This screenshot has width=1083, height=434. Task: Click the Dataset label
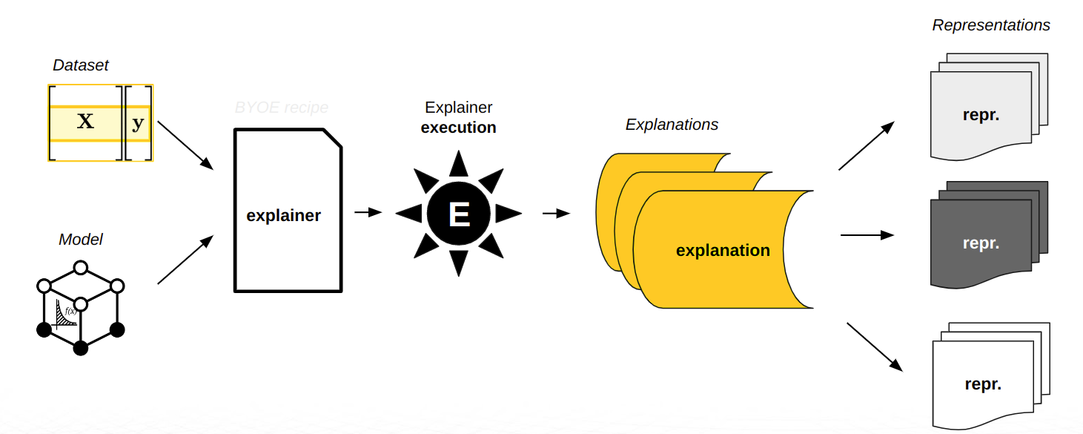(x=80, y=65)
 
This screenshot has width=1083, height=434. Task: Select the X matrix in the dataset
(x=85, y=122)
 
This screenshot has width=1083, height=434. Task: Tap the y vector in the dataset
(x=138, y=123)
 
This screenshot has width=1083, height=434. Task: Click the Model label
(x=80, y=240)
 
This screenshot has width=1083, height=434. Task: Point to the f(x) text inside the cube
(x=71, y=311)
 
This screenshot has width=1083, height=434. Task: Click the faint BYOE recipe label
(x=281, y=108)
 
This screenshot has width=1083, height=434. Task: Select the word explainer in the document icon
(x=283, y=216)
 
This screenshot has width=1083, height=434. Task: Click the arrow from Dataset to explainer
(x=185, y=144)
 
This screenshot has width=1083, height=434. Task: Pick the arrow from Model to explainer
(x=185, y=260)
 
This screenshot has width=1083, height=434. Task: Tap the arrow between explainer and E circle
(x=368, y=213)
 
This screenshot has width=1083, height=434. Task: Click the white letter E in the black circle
(x=459, y=214)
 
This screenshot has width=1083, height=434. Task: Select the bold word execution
(x=458, y=128)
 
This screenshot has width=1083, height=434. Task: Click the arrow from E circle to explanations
(x=556, y=214)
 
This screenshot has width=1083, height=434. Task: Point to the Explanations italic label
(x=672, y=125)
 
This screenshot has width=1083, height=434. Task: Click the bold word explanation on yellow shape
(x=723, y=251)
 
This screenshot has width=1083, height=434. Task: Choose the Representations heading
(x=990, y=25)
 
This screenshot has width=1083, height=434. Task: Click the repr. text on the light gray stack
(x=981, y=116)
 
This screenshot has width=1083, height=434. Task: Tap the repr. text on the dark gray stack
(x=981, y=243)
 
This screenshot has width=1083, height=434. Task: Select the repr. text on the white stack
(x=983, y=384)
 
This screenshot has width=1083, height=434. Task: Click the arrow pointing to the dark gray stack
(x=867, y=235)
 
